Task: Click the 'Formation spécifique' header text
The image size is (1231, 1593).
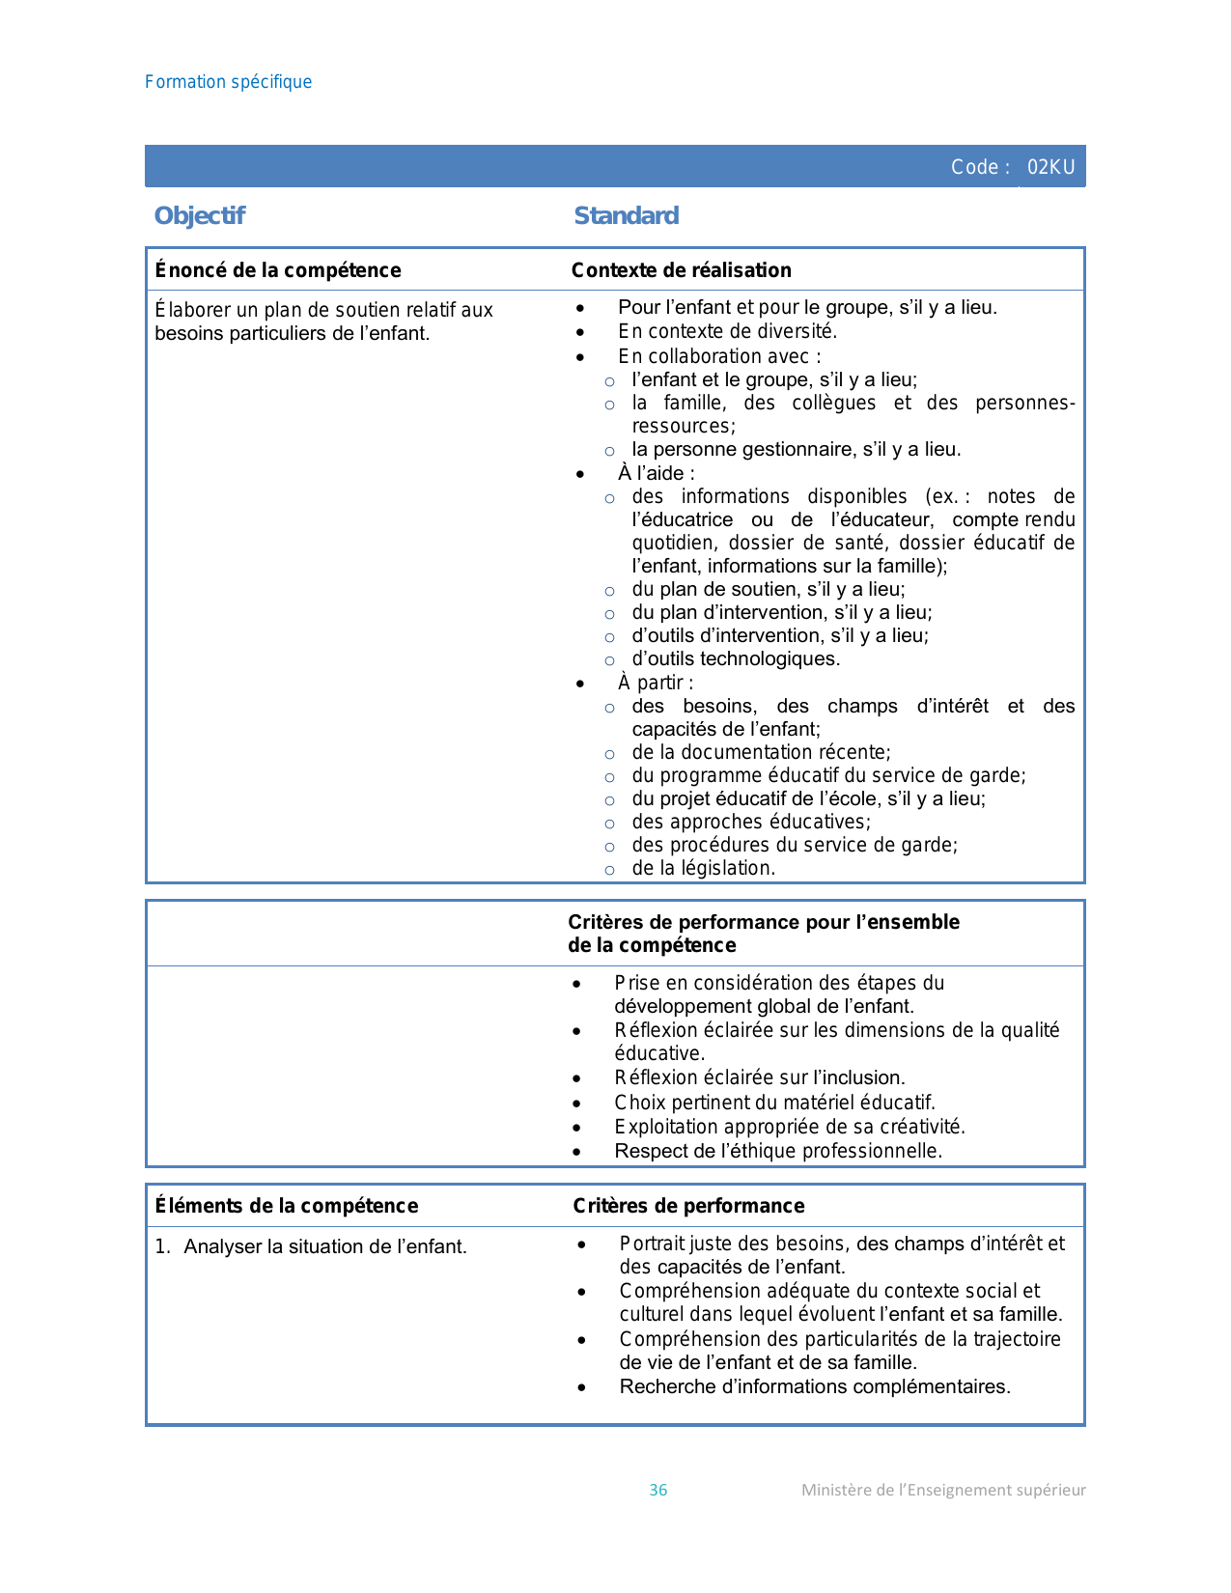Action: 228,82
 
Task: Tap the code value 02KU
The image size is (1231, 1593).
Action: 1050,167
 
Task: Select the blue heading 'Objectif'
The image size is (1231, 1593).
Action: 200,215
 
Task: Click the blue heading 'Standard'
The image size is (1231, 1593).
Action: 627,215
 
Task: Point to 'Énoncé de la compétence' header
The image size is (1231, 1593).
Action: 278,270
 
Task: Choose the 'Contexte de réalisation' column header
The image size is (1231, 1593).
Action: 682,270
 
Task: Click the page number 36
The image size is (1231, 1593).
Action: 658,1490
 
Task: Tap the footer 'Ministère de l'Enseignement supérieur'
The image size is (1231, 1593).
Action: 943,1490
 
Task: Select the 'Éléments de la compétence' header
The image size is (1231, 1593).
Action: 287,1206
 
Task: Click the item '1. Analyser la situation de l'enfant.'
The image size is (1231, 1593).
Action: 311,1246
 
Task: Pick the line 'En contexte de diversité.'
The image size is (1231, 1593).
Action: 728,331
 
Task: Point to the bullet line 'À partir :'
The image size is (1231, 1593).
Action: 656,683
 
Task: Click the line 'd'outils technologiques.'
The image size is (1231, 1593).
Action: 736,658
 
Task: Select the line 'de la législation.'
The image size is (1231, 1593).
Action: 704,868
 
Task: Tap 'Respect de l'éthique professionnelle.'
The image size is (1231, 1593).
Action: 778,1151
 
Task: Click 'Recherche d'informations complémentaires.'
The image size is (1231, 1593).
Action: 815,1386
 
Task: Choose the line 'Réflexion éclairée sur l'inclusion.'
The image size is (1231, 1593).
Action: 760,1077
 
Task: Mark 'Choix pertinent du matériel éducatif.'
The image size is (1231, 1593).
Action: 774,1103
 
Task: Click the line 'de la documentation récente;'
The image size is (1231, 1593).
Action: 762,752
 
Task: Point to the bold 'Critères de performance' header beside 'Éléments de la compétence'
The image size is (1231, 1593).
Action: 688,1206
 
